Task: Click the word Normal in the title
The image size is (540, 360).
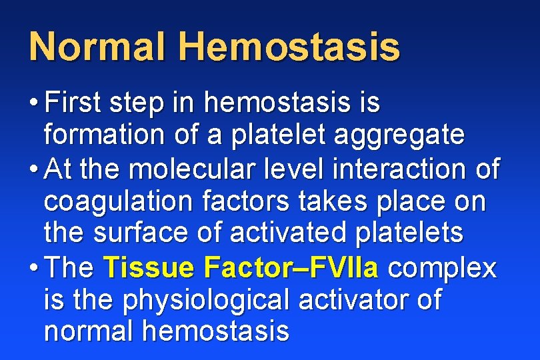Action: coord(97,47)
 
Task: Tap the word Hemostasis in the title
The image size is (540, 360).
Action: coord(289,47)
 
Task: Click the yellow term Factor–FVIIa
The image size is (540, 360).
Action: coord(291,268)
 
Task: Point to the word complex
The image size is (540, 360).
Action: coord(443,269)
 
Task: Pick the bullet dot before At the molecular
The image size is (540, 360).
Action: coord(33,170)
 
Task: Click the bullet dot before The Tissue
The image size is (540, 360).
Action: coord(33,269)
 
